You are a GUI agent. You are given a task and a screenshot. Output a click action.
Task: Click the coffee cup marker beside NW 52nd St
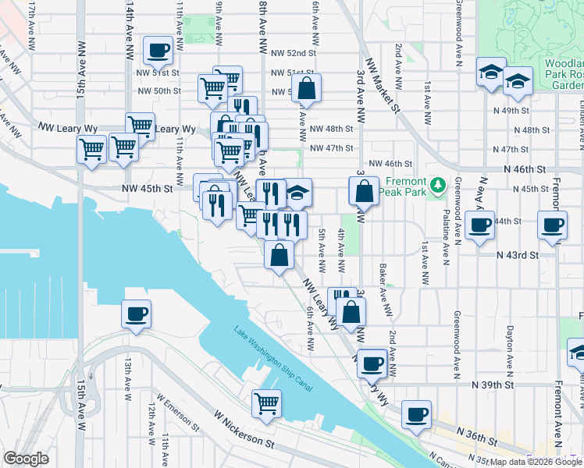pyautogui.click(x=158, y=51)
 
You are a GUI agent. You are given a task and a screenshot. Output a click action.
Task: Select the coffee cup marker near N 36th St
pyautogui.click(x=416, y=415)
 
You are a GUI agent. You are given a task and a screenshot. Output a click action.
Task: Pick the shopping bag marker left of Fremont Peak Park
pyautogui.click(x=364, y=191)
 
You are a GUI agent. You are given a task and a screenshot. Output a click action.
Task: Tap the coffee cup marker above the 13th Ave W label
pyautogui.click(x=136, y=315)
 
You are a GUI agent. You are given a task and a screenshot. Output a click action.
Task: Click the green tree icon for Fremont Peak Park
pyautogui.click(x=439, y=184)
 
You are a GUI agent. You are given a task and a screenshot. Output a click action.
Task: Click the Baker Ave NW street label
pyautogui.click(x=385, y=289)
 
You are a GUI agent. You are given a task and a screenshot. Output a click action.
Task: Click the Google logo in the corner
pyautogui.click(x=26, y=459)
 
